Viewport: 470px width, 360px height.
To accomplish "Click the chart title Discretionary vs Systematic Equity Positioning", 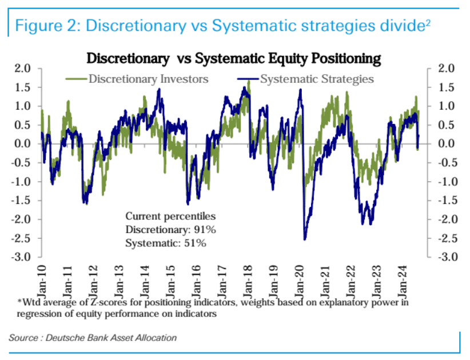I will click(x=233, y=58).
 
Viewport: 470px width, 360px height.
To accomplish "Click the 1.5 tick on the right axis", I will click(x=445, y=87).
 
